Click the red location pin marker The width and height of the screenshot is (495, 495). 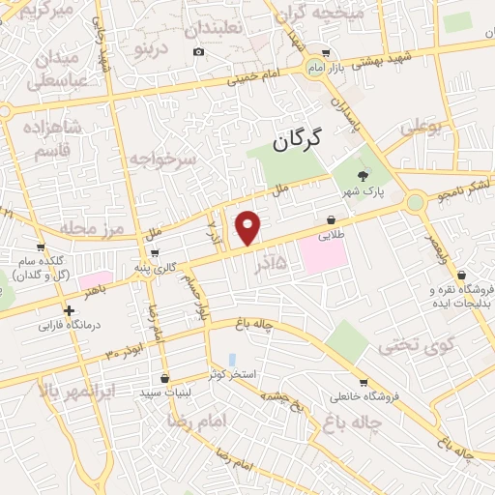click(x=248, y=227)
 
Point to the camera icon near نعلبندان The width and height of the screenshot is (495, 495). click(x=198, y=51)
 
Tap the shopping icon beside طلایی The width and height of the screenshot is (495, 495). click(x=332, y=219)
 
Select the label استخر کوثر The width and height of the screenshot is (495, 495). click(x=232, y=373)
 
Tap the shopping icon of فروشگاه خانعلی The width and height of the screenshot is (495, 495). click(x=363, y=382)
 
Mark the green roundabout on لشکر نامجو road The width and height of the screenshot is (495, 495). click(x=415, y=202)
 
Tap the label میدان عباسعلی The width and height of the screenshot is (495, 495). click(x=56, y=70)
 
